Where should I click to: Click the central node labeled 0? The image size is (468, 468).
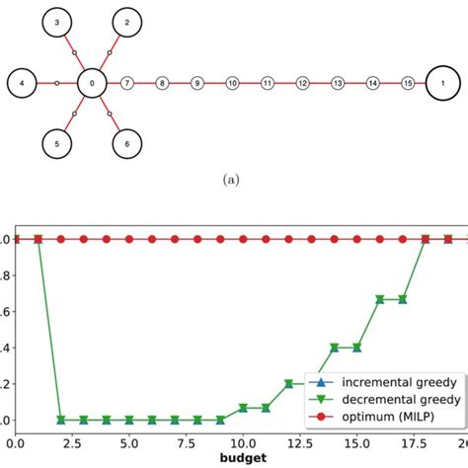92,84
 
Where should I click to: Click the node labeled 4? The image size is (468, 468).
23,84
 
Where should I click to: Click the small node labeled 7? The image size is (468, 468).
126,84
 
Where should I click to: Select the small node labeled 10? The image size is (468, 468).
232,84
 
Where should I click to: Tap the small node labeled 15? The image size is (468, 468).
408,84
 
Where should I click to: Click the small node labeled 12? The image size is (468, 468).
302,84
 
